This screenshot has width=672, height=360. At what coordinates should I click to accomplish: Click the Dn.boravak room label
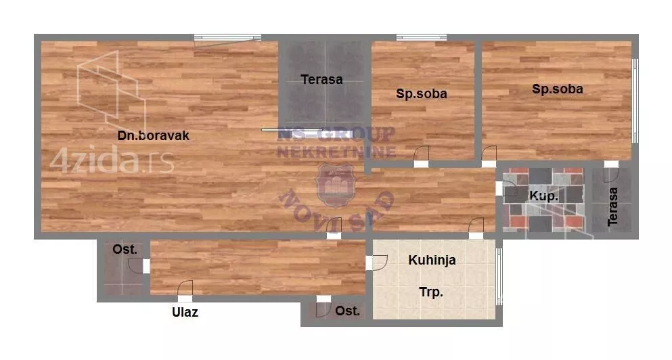pyautogui.click(x=153, y=135)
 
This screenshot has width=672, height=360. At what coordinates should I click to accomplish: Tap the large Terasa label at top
pyautogui.click(x=321, y=79)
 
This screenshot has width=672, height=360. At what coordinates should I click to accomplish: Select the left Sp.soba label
pyautogui.click(x=421, y=94)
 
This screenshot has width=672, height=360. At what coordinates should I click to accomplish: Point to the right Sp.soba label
pyautogui.click(x=557, y=89)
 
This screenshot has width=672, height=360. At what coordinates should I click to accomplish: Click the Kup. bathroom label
pyautogui.click(x=543, y=196)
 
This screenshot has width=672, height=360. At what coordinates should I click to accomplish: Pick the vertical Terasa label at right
pyautogui.click(x=612, y=206)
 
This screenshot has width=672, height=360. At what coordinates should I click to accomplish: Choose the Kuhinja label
pyautogui.click(x=432, y=260)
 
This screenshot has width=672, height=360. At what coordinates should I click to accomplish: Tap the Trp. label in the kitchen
pyautogui.click(x=430, y=293)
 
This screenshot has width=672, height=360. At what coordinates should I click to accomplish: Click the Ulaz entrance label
pyautogui.click(x=185, y=313)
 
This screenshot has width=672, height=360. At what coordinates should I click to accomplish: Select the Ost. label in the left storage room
pyautogui.click(x=125, y=250)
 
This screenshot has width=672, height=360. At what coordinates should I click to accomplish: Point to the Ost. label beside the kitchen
pyautogui.click(x=347, y=311)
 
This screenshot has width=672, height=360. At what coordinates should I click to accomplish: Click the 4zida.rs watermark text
pyautogui.click(x=112, y=162)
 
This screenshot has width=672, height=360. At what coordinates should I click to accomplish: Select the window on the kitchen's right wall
pyautogui.click(x=499, y=275)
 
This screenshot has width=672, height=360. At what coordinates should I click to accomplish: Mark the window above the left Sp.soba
pyautogui.click(x=421, y=37)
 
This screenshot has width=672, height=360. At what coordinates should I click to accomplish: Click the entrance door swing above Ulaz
pyautogui.click(x=185, y=289)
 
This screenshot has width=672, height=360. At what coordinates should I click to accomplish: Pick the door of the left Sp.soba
pyautogui.click(x=421, y=156)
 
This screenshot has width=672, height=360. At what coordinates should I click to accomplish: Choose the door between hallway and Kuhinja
pyautogui.click(x=376, y=261)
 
